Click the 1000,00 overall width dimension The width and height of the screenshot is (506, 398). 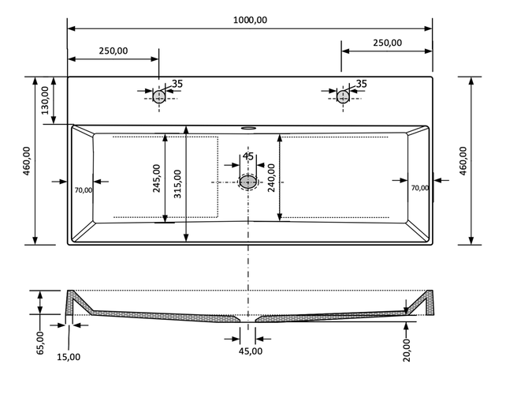[x=250, y=21]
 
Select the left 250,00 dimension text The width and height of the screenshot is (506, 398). [x=113, y=51]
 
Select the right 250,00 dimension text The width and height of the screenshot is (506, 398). [x=386, y=43]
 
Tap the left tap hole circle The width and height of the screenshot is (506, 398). [x=159, y=96]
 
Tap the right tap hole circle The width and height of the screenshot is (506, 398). [x=343, y=96]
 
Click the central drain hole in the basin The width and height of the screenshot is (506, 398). [x=248, y=182]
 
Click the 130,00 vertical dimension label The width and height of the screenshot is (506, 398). [x=45, y=100]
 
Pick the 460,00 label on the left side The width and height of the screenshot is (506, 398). [x=27, y=161]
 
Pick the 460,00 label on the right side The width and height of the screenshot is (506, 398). [x=463, y=160]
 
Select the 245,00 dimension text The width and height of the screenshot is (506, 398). [x=157, y=178]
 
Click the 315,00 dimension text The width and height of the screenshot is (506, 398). [x=177, y=184]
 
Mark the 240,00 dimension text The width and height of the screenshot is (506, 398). [x=271, y=178]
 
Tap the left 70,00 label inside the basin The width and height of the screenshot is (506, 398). [x=83, y=190]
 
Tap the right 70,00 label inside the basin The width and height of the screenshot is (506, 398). [x=420, y=188]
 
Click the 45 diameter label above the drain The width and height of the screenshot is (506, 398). [x=247, y=156]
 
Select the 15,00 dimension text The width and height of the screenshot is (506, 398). [x=69, y=357]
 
